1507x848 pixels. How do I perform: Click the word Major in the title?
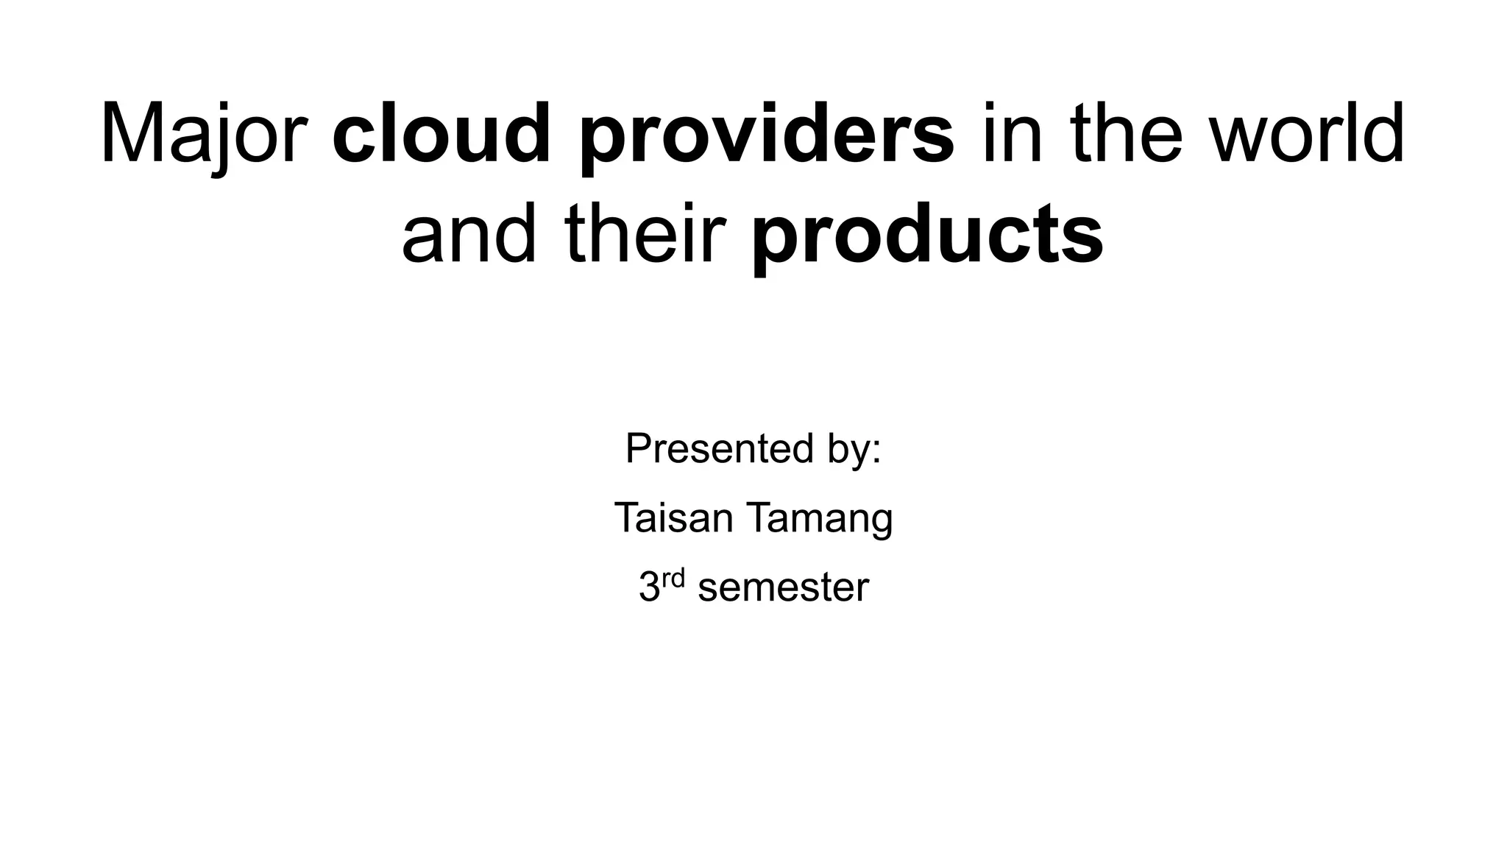203,135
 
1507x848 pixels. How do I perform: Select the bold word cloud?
442,135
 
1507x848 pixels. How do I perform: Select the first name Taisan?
673,517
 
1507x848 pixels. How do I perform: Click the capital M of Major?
133,135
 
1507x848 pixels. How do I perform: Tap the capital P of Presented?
638,448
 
